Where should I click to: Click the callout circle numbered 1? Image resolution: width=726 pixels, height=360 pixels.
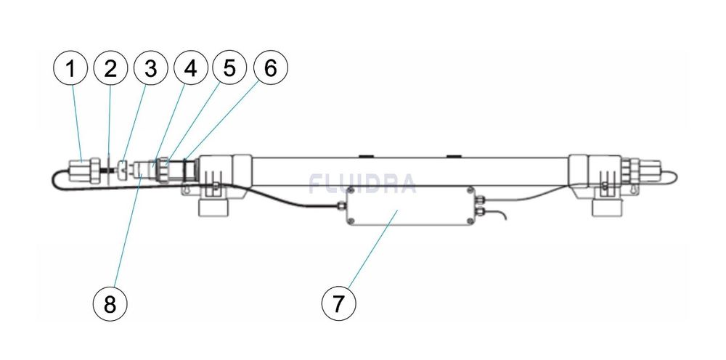[x=70, y=69]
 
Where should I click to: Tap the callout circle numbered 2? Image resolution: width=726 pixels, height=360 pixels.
[x=110, y=69]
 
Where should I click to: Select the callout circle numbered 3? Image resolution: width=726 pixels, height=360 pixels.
[x=150, y=69]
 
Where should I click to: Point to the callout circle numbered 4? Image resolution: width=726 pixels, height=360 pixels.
[x=190, y=69]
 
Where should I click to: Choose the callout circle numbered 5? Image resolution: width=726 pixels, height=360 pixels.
[x=230, y=69]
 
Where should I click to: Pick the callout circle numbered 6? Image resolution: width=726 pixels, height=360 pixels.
[x=270, y=69]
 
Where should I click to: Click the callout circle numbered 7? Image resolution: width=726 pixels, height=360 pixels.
[x=339, y=304]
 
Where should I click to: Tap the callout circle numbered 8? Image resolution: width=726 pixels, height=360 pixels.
[x=110, y=304]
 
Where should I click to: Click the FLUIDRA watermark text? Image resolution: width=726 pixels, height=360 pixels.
[x=362, y=184]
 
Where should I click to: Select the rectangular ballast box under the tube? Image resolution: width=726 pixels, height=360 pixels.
[x=411, y=206]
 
